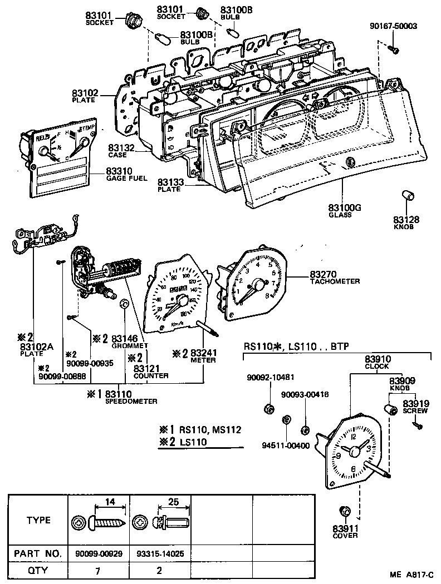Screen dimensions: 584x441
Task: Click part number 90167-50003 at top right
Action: [x=393, y=26]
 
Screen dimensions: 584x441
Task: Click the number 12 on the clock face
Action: [x=354, y=436]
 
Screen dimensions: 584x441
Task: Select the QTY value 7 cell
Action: [x=98, y=570]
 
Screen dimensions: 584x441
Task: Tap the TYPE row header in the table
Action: [x=38, y=521]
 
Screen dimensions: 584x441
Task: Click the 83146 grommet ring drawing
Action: [x=125, y=304]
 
